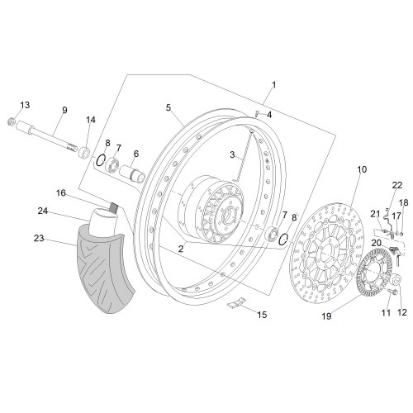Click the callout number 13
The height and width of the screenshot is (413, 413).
coord(25,105)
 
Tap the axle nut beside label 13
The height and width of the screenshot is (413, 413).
coord(12,121)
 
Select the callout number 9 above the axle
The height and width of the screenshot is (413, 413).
coord(64,110)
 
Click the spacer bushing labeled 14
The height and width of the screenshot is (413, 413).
coord(85,152)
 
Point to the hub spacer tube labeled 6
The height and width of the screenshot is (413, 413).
coord(132,173)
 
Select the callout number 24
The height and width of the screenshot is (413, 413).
coord(43,211)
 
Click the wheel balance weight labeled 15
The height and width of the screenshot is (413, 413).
coord(236,302)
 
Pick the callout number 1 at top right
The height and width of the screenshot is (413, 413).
coord(273,85)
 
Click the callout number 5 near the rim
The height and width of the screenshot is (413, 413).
coord(169,107)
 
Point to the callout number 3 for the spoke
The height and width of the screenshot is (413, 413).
coord(232,154)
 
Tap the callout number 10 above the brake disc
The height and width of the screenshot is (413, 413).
coord(362,169)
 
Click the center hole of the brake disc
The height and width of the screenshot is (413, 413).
coord(325,254)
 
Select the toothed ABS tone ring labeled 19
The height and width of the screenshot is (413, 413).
coord(374,273)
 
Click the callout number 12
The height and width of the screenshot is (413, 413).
coord(402,312)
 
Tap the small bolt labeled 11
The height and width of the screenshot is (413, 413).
coord(393,292)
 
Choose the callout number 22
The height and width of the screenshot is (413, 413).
coord(397,185)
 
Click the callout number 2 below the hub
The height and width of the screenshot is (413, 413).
coord(181,249)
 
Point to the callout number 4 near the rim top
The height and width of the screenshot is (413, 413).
coord(269,115)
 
